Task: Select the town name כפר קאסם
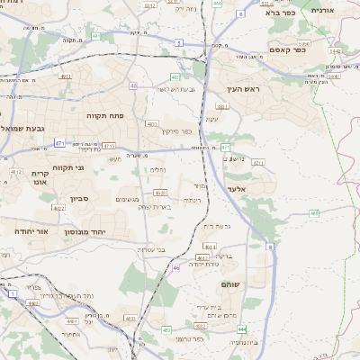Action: tap(287, 50)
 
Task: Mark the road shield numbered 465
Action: tap(314, 213)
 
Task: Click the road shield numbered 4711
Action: tap(257, 163)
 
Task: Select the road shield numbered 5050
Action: tap(303, 42)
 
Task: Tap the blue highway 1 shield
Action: tap(13, 293)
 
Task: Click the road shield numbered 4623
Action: tap(159, 192)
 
